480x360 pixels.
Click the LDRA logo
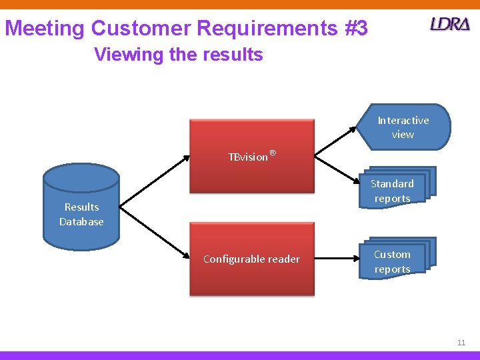[450, 25]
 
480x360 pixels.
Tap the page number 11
[461, 343]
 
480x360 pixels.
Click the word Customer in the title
[140, 29]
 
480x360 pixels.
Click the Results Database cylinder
[81, 207]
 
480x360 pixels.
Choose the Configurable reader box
[251, 259]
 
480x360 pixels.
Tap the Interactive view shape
[405, 127]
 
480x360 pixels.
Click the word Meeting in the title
[45, 29]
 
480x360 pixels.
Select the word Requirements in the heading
[260, 29]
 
